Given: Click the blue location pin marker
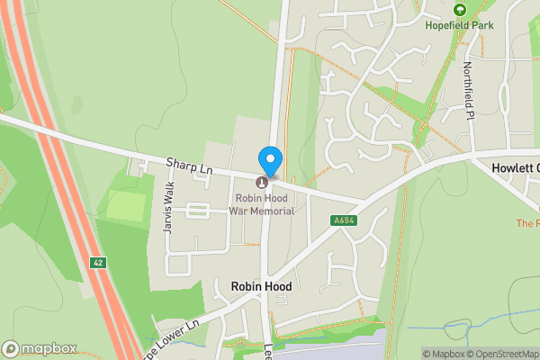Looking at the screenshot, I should click(x=269, y=161).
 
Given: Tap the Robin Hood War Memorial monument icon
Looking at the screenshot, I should click(x=262, y=183).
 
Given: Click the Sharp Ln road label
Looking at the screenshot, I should click(x=189, y=166).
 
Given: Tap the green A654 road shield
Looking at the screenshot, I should click(x=343, y=220).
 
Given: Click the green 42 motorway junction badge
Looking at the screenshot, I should click(x=97, y=263).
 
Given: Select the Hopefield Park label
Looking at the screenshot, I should click(x=460, y=25).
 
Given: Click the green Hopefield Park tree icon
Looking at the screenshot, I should click(x=460, y=10).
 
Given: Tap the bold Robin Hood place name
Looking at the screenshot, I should click(x=261, y=286).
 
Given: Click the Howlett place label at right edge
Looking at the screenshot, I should click(x=516, y=168).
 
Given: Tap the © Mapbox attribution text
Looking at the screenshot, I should click(x=442, y=354).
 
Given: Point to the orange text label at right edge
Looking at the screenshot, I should click(x=527, y=222).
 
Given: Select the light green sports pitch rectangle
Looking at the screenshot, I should click(x=126, y=208).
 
